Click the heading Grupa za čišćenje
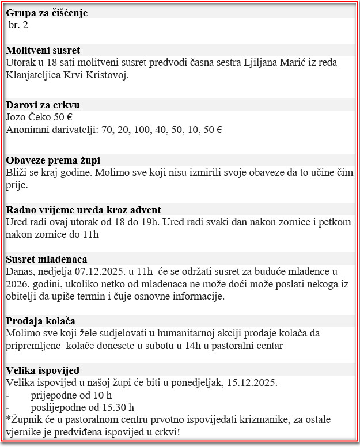47,13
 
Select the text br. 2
18,25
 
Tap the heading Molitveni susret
43,50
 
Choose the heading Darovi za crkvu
43,105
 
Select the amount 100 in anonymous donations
139,130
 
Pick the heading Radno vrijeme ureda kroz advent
84,209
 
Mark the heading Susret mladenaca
47,259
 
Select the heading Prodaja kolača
41,321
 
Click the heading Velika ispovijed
43,370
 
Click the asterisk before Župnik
8,419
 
